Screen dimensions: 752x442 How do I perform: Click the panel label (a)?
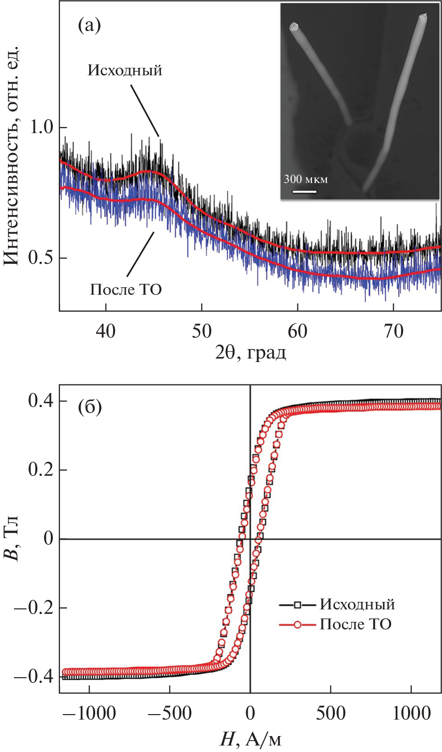point(90,25)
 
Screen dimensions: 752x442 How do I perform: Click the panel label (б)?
point(90,407)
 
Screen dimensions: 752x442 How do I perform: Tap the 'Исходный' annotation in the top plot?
point(125,70)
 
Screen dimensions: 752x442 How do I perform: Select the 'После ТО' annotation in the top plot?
point(126,289)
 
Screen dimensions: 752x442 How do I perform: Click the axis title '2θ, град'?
point(250,352)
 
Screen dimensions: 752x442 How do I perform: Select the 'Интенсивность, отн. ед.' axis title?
point(12,155)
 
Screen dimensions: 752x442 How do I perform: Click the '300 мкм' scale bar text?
point(306,180)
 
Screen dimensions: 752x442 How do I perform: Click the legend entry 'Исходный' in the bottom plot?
point(357,604)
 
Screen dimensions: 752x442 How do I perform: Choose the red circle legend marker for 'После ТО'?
point(297,624)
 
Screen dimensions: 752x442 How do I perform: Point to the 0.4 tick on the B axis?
point(41,401)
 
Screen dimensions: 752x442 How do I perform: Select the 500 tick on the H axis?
point(330,713)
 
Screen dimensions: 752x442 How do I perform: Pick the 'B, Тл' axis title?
point(12,539)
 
